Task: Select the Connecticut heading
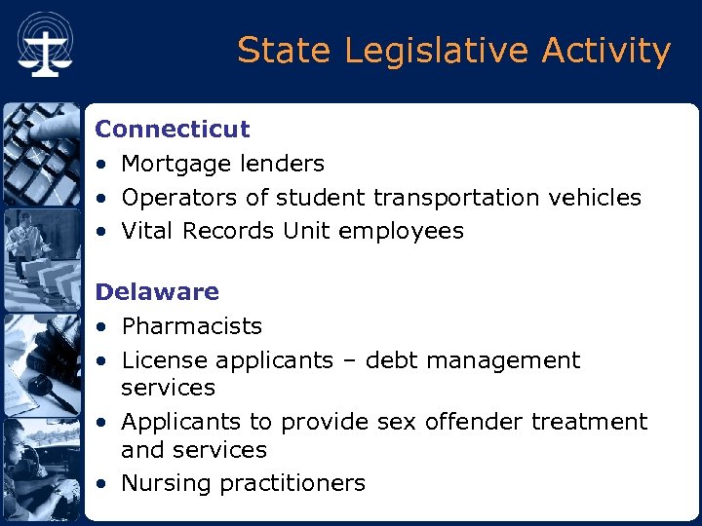click(x=173, y=129)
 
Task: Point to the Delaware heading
click(x=157, y=291)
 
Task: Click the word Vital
click(x=146, y=231)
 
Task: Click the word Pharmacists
click(x=192, y=325)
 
